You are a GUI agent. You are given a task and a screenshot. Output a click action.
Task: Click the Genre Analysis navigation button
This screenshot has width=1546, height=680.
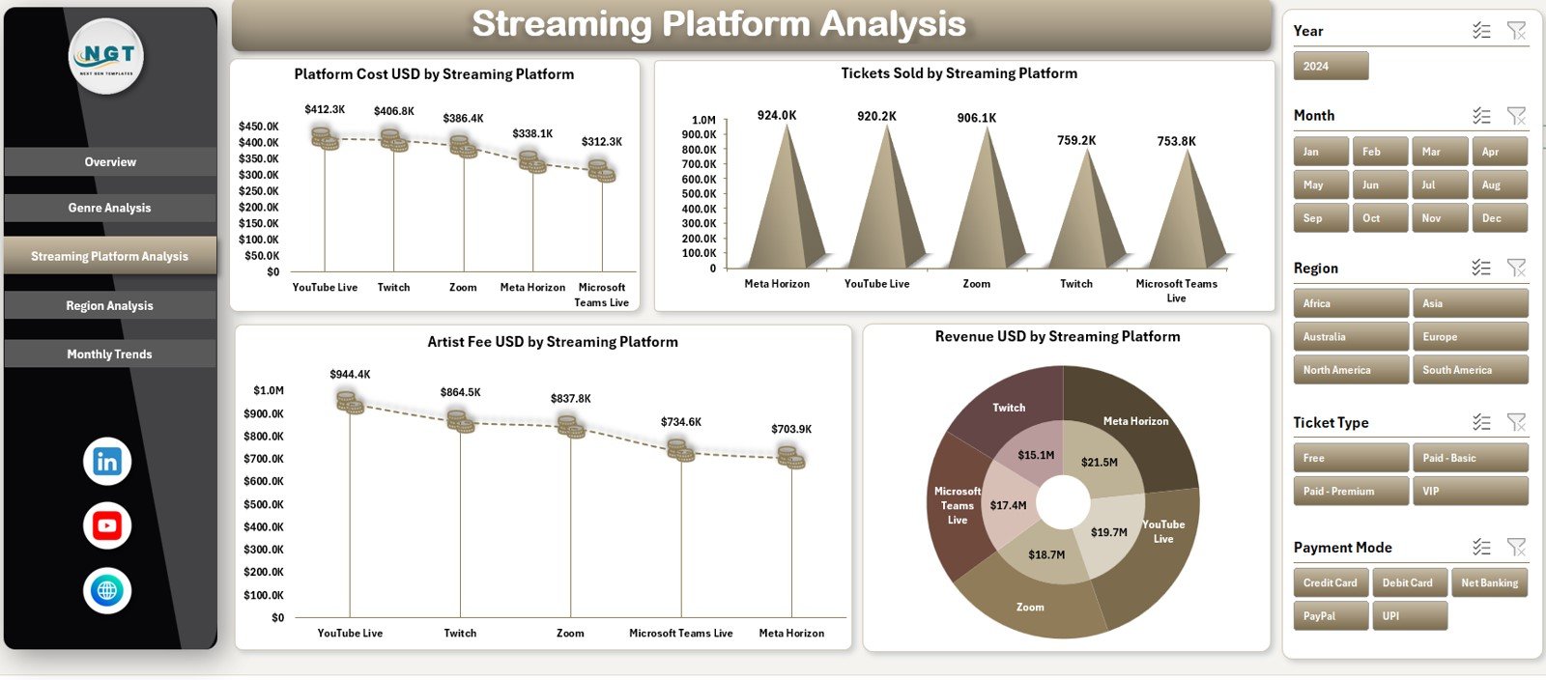pos(109,208)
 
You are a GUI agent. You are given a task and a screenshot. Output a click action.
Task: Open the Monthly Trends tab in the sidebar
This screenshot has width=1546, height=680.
pos(109,354)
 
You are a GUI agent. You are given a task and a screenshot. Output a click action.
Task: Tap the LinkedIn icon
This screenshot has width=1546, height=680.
pos(107,462)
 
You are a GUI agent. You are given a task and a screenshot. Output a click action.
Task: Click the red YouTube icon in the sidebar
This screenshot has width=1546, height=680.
pos(107,526)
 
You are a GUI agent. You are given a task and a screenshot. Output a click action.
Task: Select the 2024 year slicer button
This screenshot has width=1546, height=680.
pos(1331,66)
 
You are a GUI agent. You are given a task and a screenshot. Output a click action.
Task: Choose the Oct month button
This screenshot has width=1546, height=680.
pos(1379,218)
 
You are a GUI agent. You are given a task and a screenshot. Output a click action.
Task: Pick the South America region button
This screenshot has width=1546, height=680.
pos(1469,370)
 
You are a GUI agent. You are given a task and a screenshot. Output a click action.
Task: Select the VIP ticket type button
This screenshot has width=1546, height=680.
pos(1469,492)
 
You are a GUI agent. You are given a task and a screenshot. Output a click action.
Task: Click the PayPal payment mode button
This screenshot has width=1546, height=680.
pos(1331,616)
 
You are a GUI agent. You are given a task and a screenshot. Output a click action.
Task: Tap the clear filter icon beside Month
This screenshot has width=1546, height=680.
pos(1516,116)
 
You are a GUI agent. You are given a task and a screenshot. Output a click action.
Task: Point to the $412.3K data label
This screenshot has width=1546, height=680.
pos(325,110)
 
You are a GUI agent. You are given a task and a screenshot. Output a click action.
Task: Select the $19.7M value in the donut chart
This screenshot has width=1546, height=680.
pos(1108,532)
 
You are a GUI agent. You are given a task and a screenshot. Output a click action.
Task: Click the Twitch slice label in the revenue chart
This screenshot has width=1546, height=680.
pos(1009,408)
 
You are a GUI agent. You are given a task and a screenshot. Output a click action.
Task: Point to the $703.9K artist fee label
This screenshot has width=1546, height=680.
pos(791,429)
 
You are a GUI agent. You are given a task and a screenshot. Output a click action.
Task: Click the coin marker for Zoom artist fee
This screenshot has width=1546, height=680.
pos(571,426)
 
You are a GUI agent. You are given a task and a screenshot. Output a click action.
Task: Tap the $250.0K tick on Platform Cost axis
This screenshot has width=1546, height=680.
pos(259,191)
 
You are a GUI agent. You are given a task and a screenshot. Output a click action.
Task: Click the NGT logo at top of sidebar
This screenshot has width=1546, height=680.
pos(107,57)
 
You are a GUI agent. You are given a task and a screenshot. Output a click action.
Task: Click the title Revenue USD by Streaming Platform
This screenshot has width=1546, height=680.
pos(1057,337)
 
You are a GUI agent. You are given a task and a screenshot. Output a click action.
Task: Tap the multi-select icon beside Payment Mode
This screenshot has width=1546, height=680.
pos(1481,548)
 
